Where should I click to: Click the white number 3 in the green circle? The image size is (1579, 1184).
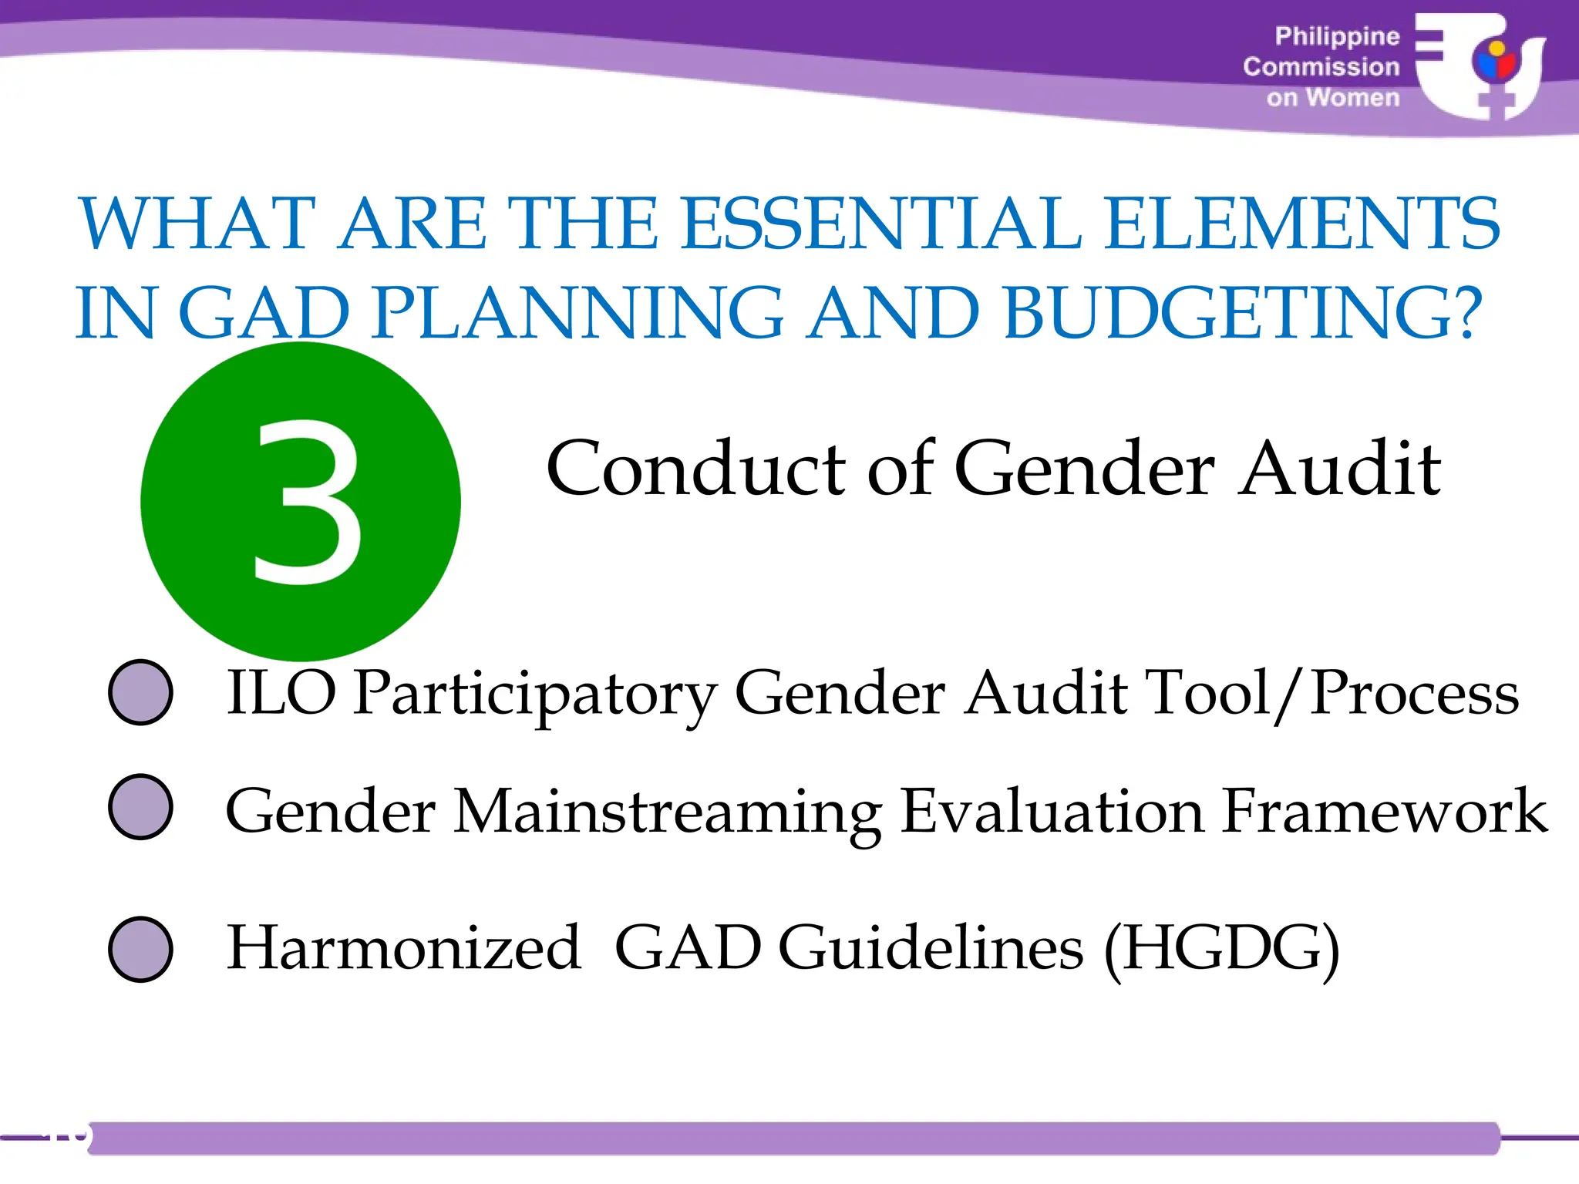[x=307, y=502]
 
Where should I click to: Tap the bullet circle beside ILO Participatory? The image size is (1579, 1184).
[x=140, y=691]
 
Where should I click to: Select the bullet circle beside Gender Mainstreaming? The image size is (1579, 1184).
[x=140, y=806]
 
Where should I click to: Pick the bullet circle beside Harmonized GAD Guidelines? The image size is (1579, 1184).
[x=140, y=949]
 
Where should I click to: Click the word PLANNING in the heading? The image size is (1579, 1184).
[x=577, y=314]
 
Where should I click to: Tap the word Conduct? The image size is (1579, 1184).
[x=698, y=469]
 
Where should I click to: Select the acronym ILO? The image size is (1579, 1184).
[x=281, y=693]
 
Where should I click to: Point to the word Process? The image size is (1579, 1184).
[x=1414, y=693]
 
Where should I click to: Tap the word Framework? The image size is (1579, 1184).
[x=1385, y=811]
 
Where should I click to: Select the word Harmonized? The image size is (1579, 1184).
[x=403, y=948]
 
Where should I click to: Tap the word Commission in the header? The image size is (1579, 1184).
[x=1321, y=67]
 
